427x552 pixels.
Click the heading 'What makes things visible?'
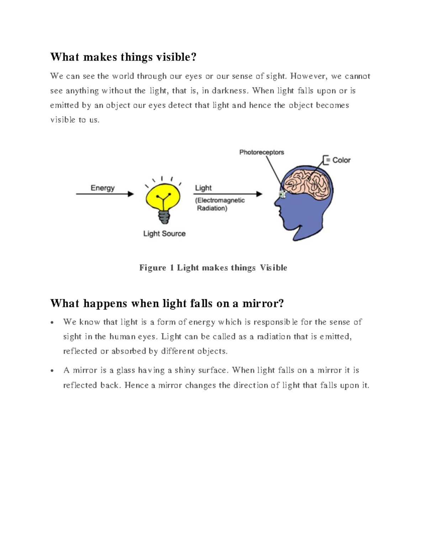[123, 57]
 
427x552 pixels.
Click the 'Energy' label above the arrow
[102, 188]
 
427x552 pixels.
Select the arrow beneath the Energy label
[105, 194]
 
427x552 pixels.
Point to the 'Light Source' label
[164, 234]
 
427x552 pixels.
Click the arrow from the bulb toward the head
[228, 194]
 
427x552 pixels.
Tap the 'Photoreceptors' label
[262, 152]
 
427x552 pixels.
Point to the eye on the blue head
[283, 194]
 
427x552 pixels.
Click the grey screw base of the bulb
[164, 216]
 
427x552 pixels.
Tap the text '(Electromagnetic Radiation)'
[220, 204]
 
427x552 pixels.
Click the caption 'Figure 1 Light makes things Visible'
[213, 268]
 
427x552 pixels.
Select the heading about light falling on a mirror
[167, 303]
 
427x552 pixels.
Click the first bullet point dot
[52, 323]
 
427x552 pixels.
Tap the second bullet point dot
[52, 371]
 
